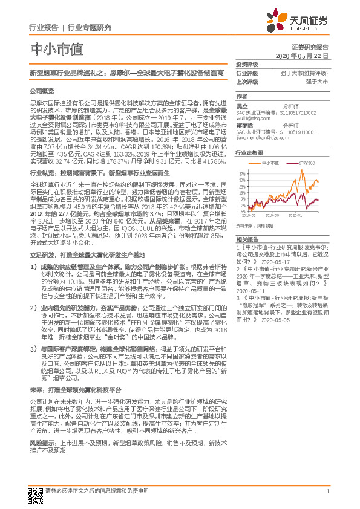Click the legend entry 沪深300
pos(308,164)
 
